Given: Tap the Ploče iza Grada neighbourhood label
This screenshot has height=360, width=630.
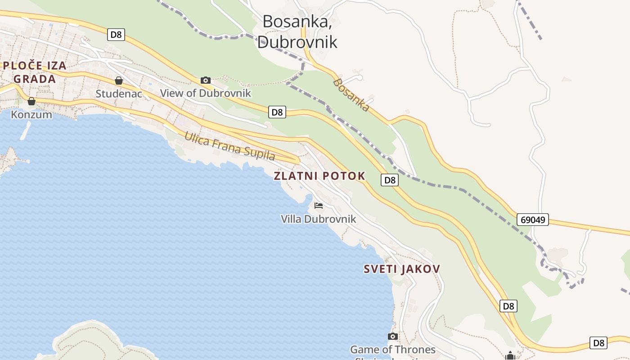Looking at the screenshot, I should point(35,72).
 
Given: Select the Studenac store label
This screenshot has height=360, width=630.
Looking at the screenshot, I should point(119,94).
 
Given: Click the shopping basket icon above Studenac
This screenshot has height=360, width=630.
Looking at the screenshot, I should point(119,81).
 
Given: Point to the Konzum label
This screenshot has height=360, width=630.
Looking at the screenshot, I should point(31,115).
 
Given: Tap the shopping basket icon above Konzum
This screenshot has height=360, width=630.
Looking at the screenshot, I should point(31,101).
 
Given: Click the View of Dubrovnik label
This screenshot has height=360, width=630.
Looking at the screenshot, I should point(206,93).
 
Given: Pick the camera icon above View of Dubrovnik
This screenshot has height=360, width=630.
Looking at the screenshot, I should point(206,80).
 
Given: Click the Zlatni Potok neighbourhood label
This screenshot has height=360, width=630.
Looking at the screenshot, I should point(319,176).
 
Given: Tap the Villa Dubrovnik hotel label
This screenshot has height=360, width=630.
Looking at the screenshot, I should point(319,219).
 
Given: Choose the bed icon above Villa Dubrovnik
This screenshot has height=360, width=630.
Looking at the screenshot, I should point(319,206).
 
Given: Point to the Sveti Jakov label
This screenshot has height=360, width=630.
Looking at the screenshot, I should point(402,269).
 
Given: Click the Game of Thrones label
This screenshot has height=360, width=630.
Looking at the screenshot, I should point(393,349).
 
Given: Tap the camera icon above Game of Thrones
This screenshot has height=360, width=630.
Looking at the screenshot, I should point(393,336).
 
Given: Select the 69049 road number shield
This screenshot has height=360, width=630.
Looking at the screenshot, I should point(532,220).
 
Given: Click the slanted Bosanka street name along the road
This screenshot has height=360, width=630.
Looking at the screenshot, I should point(351,95).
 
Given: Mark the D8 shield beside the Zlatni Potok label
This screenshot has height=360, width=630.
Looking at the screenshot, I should point(390,180).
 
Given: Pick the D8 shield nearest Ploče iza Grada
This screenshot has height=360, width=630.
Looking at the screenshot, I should point(116,34).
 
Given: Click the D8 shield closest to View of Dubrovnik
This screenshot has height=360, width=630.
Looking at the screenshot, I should point(277,112).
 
